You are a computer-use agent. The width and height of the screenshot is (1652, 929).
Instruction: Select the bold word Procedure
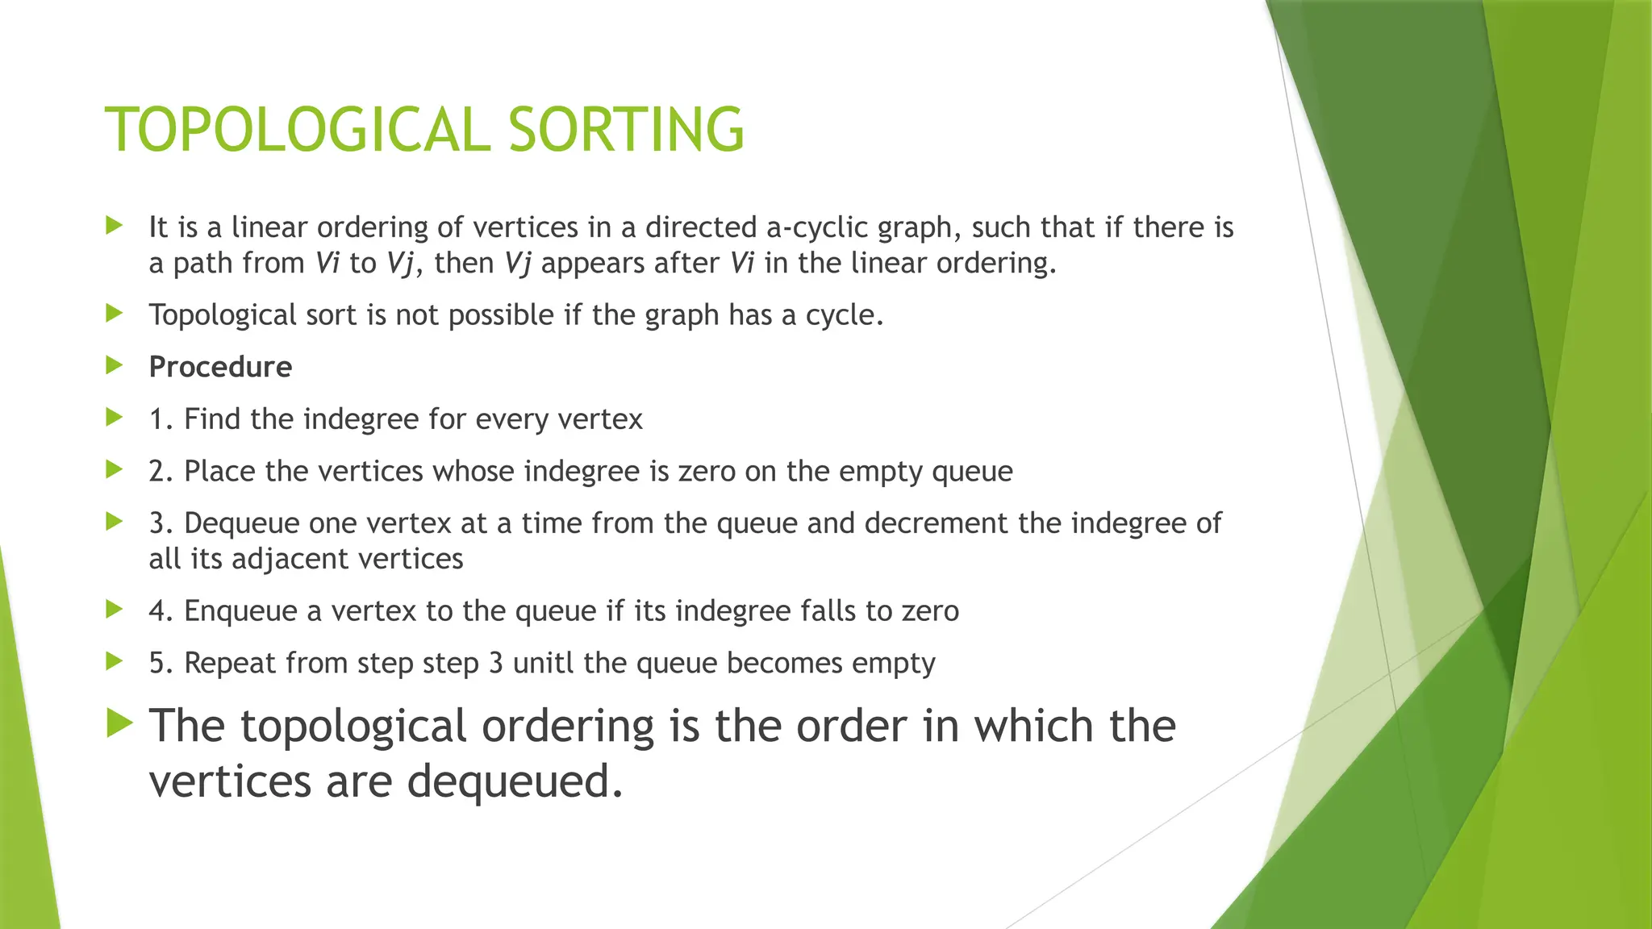[x=220, y=367]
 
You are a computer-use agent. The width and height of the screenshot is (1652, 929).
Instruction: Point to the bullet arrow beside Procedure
[x=114, y=365]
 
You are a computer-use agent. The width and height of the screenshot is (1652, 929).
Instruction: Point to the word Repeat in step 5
[x=230, y=664]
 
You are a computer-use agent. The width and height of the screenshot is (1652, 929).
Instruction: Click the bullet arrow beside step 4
[x=114, y=610]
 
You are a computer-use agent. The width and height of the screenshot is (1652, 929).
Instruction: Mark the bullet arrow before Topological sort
[x=114, y=313]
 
